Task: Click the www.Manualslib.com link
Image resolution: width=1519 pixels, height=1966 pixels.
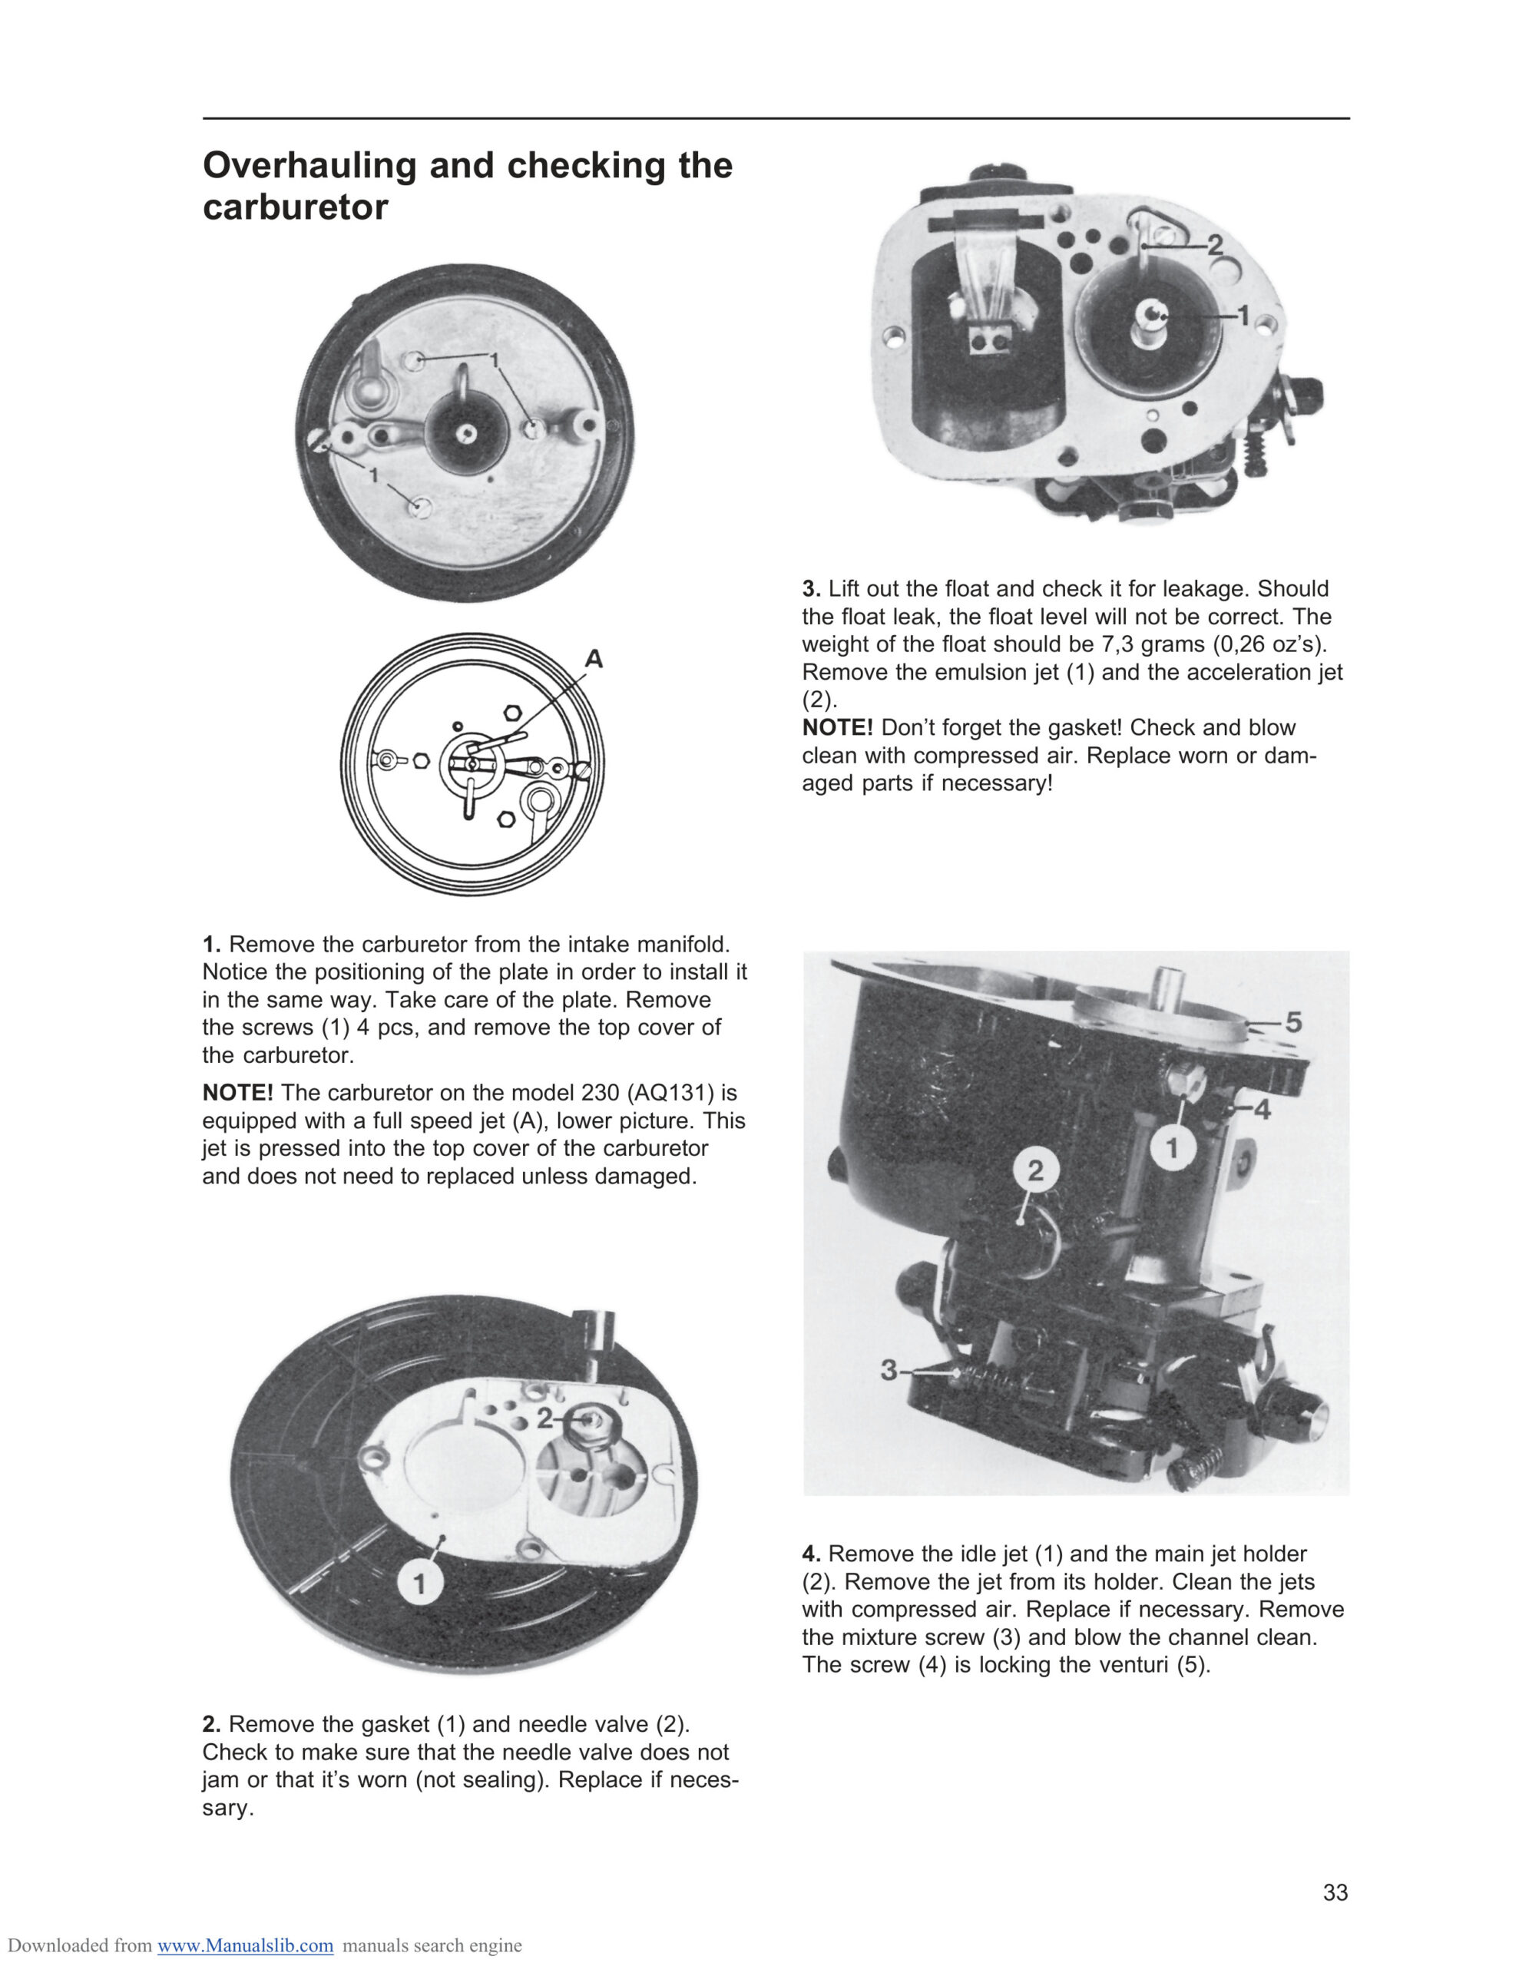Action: (x=245, y=1946)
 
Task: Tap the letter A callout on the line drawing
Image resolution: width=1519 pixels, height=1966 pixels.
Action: (x=594, y=659)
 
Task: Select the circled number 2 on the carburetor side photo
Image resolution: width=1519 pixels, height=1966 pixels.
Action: (x=1035, y=1170)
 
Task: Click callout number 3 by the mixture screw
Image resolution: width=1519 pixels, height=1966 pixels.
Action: (x=889, y=1370)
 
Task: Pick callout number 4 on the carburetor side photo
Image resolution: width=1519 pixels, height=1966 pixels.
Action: (x=1263, y=1110)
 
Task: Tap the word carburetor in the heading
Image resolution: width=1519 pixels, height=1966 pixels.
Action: (x=296, y=207)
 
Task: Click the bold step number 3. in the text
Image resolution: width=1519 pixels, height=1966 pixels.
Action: (x=811, y=589)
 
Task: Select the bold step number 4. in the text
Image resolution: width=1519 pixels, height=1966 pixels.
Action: (x=811, y=1554)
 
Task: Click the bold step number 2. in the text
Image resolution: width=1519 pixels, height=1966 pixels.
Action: (x=212, y=1724)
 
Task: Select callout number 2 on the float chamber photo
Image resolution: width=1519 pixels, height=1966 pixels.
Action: (x=1215, y=245)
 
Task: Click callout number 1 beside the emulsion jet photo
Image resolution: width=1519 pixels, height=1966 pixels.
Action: (x=1243, y=315)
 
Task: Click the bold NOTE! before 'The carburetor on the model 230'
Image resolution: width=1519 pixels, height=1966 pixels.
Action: (x=238, y=1093)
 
